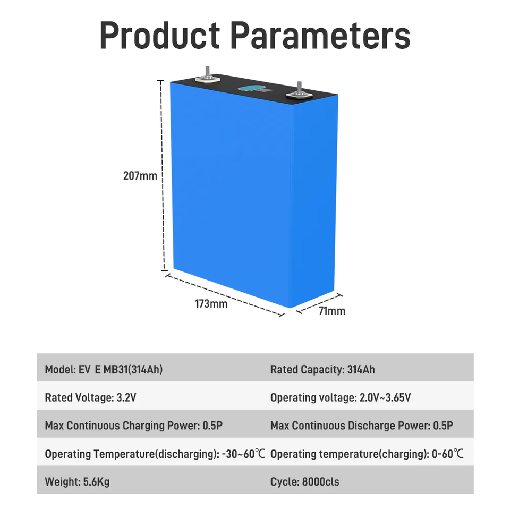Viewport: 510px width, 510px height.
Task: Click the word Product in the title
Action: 160,35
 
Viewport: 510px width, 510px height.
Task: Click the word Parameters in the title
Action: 320,35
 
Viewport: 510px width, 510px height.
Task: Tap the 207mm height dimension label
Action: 140,176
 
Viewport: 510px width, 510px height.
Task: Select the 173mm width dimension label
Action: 211,304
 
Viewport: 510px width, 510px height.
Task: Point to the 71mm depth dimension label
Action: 331,311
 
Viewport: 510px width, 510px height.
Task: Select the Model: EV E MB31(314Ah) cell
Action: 104,370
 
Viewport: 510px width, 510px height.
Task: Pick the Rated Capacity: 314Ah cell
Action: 322,370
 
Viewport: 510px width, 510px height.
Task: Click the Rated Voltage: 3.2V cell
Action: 90,397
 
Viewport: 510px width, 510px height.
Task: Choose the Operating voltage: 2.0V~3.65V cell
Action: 341,397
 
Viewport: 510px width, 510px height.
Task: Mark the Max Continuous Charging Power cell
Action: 134,426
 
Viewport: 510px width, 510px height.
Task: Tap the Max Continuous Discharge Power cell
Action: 362,426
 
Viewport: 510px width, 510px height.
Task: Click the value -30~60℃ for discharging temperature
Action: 244,454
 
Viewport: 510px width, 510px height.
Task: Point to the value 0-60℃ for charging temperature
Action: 447,454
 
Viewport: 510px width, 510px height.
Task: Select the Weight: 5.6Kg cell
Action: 77,482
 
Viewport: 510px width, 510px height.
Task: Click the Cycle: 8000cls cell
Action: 305,482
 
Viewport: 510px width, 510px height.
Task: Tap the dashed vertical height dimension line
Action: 163,176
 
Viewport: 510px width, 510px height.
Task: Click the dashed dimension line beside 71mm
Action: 319,303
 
